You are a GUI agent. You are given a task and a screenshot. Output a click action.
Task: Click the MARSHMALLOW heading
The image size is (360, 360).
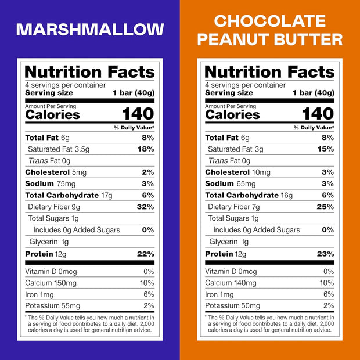pos(90,30)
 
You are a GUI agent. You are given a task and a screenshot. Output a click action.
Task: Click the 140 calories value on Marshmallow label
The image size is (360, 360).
pos(138,113)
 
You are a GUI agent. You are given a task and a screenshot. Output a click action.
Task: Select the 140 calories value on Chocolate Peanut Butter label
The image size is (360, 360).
pos(318,113)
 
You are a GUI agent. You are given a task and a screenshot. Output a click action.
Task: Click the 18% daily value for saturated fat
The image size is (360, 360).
pos(146,149)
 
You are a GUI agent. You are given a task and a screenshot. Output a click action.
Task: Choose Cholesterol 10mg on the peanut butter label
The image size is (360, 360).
pos(238,172)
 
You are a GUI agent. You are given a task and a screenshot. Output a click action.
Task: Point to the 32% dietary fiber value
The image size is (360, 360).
pos(145,207)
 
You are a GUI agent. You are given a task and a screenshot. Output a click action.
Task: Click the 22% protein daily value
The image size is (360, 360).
pos(145,254)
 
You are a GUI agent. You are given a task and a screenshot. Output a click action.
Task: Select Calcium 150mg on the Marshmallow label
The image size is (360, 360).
pos(51,283)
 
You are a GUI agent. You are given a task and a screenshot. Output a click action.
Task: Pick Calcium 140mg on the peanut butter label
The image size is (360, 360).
pos(231,283)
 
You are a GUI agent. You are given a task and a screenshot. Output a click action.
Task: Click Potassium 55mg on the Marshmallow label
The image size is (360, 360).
pos(53,306)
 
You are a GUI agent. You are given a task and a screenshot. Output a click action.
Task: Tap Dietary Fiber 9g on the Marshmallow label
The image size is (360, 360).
pos(55,207)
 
